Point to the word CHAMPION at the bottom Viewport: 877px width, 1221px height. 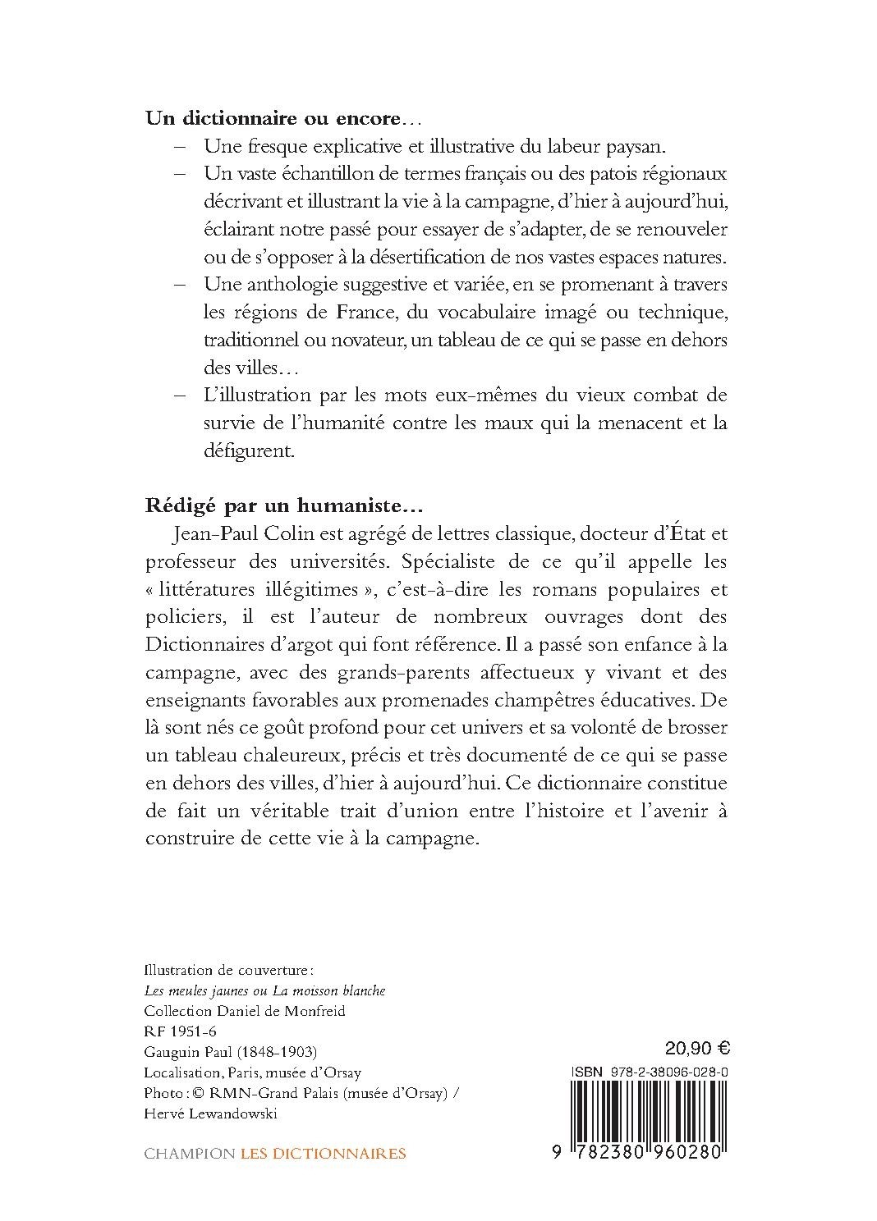189,1154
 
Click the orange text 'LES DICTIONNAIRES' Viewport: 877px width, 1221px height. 323,1154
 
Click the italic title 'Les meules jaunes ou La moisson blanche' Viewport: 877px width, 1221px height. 264,991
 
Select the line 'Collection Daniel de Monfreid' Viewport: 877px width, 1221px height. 245,1011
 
